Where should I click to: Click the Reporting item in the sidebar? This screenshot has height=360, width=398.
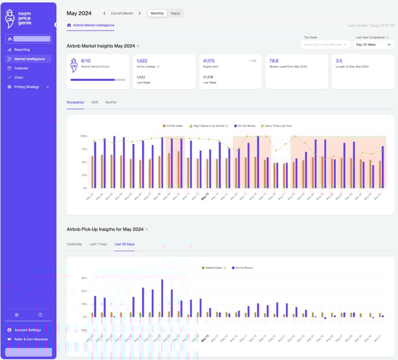(x=22, y=50)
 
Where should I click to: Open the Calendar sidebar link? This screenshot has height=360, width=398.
(x=21, y=68)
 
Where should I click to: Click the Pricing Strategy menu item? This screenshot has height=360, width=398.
(x=27, y=87)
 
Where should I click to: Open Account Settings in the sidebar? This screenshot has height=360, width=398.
(x=27, y=330)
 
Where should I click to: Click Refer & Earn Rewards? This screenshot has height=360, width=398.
(x=31, y=339)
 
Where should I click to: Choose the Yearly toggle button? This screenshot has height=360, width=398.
(x=175, y=13)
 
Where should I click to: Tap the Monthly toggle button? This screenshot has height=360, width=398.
(x=157, y=13)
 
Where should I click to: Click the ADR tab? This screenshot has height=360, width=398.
(x=95, y=102)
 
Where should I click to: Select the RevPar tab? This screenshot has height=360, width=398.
(x=110, y=102)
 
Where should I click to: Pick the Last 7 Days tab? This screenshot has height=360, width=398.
(x=98, y=244)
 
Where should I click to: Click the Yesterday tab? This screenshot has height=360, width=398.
(x=74, y=244)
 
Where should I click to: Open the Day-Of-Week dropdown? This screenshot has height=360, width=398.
(x=373, y=44)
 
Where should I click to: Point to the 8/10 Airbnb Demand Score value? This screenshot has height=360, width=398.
(x=86, y=60)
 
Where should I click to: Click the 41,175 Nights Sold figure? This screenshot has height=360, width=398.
(x=209, y=60)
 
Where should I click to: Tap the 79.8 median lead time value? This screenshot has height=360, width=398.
(x=274, y=60)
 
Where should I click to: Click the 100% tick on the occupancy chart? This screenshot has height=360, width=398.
(x=83, y=136)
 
